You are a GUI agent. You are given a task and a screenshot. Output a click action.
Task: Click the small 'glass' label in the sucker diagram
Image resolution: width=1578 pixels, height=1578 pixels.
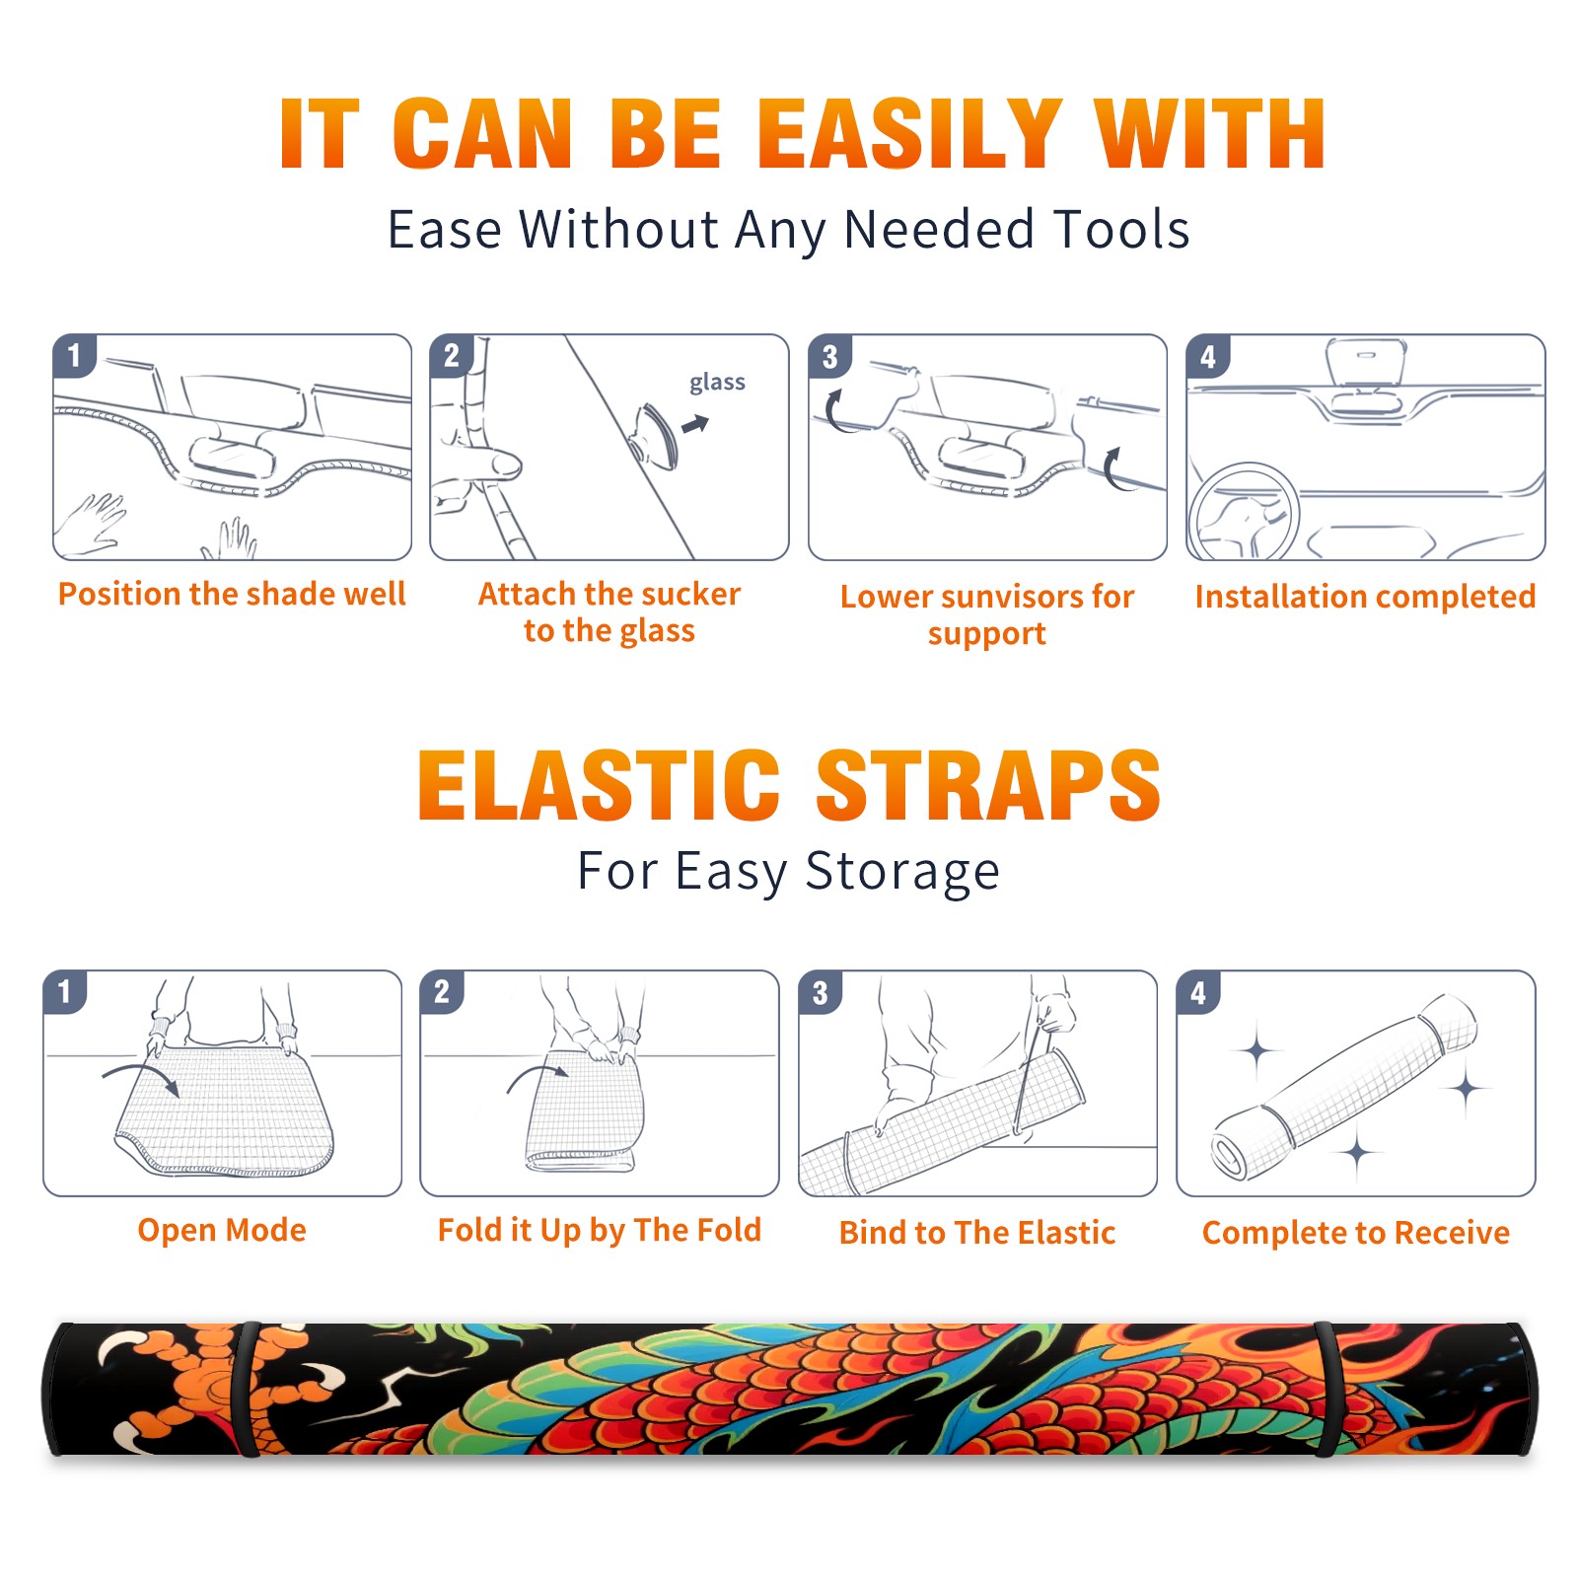click(x=717, y=383)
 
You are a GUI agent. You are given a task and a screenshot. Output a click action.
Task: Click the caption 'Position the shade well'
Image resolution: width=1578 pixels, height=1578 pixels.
click(x=232, y=594)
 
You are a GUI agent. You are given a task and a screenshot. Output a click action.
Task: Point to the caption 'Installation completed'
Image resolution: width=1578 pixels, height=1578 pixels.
click(x=1365, y=596)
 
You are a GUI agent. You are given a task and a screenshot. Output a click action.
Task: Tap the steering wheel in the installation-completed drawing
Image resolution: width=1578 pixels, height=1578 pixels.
click(x=1245, y=513)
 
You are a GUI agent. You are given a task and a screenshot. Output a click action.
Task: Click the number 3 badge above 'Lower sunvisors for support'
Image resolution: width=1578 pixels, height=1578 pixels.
click(x=829, y=356)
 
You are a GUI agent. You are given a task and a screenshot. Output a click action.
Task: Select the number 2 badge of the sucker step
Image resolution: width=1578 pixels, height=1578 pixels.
click(x=452, y=355)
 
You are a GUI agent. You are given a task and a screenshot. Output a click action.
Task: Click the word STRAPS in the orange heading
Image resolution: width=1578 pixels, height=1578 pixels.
click(x=988, y=785)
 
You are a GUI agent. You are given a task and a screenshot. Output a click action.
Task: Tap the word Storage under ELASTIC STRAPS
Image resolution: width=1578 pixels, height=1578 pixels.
click(x=902, y=872)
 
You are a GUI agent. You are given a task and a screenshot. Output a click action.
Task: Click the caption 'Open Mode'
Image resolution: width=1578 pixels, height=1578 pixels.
click(x=222, y=1230)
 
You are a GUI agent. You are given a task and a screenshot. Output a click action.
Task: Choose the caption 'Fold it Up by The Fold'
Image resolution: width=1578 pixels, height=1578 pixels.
click(x=600, y=1231)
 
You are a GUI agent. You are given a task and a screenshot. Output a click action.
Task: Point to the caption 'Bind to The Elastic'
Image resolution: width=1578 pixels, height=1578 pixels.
click(x=977, y=1233)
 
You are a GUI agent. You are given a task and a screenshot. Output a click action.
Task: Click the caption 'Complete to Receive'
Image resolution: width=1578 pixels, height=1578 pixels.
click(x=1356, y=1233)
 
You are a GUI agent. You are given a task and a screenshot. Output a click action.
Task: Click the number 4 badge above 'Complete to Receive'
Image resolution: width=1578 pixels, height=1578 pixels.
click(x=1198, y=992)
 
